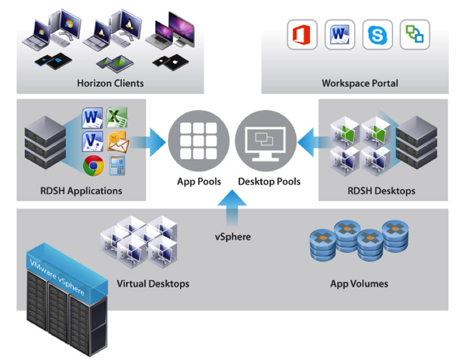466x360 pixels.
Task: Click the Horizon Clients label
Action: (110, 83)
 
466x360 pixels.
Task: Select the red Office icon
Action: (300, 36)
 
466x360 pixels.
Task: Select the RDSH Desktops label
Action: (381, 191)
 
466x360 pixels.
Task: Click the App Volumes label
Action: (359, 283)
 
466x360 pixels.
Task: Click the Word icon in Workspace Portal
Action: (339, 36)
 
